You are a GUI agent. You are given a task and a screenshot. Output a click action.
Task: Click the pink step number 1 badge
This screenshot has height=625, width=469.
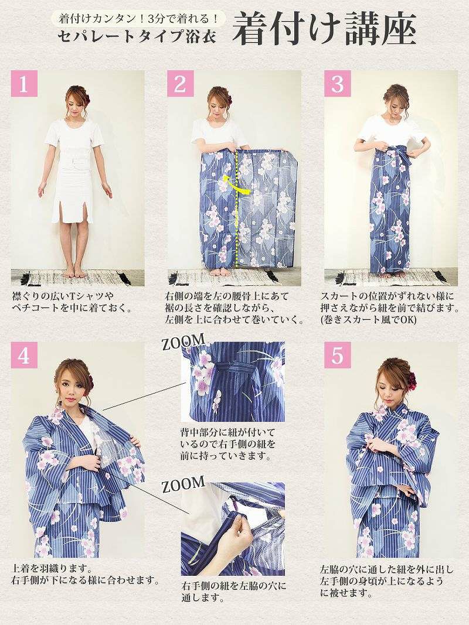pos(24,84)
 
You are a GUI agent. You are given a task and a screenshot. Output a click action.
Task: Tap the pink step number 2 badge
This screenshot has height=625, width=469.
pos(180,84)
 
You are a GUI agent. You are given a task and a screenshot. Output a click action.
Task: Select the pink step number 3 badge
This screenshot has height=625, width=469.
pos(338,84)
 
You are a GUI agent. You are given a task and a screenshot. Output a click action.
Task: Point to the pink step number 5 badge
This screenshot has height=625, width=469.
pos(338,355)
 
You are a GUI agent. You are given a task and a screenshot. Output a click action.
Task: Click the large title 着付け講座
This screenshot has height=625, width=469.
pos(324,29)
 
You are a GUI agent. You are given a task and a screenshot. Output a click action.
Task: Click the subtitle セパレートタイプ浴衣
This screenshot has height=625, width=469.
pos(137,37)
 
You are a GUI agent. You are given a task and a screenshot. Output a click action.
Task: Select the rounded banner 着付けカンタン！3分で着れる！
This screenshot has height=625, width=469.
pos(138,18)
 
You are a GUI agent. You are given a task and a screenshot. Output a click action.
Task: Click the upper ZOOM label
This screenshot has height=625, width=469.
pos(183,343)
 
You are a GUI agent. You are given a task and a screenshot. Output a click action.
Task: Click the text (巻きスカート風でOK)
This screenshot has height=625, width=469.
pos(369,320)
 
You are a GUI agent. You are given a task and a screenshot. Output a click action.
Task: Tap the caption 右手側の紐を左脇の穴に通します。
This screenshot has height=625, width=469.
pos(233,592)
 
